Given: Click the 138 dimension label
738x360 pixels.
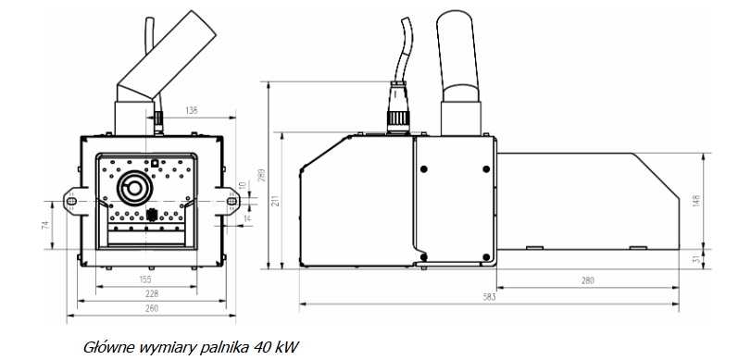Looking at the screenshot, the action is (x=192, y=111).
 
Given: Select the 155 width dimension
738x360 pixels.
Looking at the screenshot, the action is (x=146, y=279).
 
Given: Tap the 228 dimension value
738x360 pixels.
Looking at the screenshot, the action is (x=152, y=293).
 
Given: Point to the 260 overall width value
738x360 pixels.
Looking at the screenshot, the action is (x=152, y=309).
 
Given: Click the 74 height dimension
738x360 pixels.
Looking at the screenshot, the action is (x=45, y=225).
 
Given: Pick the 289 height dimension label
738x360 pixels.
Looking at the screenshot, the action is (x=262, y=175).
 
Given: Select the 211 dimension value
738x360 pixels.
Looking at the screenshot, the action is (x=276, y=201).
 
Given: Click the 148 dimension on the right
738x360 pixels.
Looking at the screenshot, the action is (x=696, y=201).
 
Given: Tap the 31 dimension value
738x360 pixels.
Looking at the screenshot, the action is (x=696, y=259).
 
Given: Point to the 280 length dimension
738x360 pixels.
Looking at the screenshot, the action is (x=587, y=280).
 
